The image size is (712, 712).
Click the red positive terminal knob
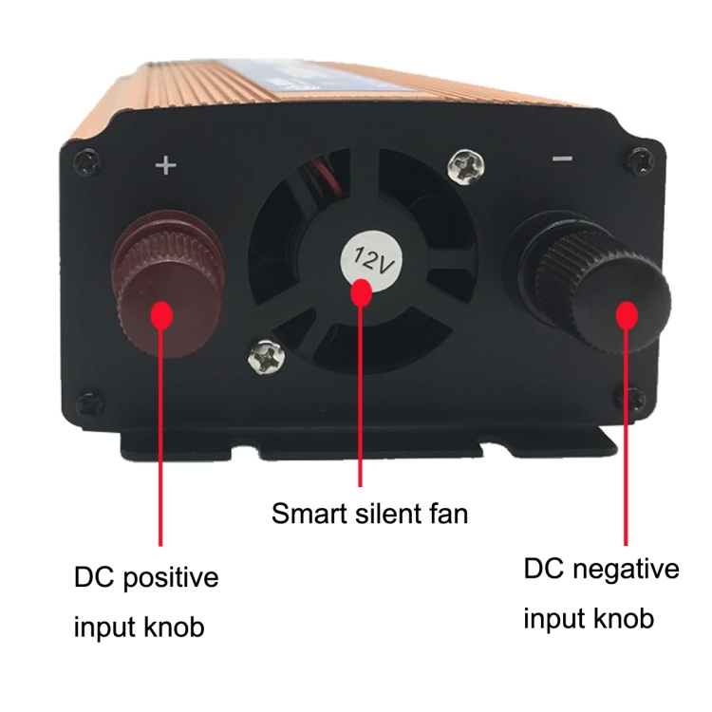click(x=169, y=283)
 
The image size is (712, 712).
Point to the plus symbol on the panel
click(x=166, y=165)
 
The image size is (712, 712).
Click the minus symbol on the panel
click(x=562, y=159)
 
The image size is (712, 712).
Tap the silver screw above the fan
click(x=466, y=166)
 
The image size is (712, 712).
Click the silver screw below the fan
click(x=267, y=356)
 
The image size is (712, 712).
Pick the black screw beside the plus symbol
click(x=86, y=162)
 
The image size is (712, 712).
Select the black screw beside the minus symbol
click(x=641, y=159)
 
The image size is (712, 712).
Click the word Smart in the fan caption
click(x=309, y=514)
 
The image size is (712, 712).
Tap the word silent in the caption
click(x=388, y=513)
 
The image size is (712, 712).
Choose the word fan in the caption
click(x=449, y=513)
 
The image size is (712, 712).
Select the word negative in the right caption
click(x=626, y=571)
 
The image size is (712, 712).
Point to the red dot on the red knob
click(x=160, y=314)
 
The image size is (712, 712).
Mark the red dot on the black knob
click(x=627, y=314)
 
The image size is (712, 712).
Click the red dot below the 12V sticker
click(x=362, y=292)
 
